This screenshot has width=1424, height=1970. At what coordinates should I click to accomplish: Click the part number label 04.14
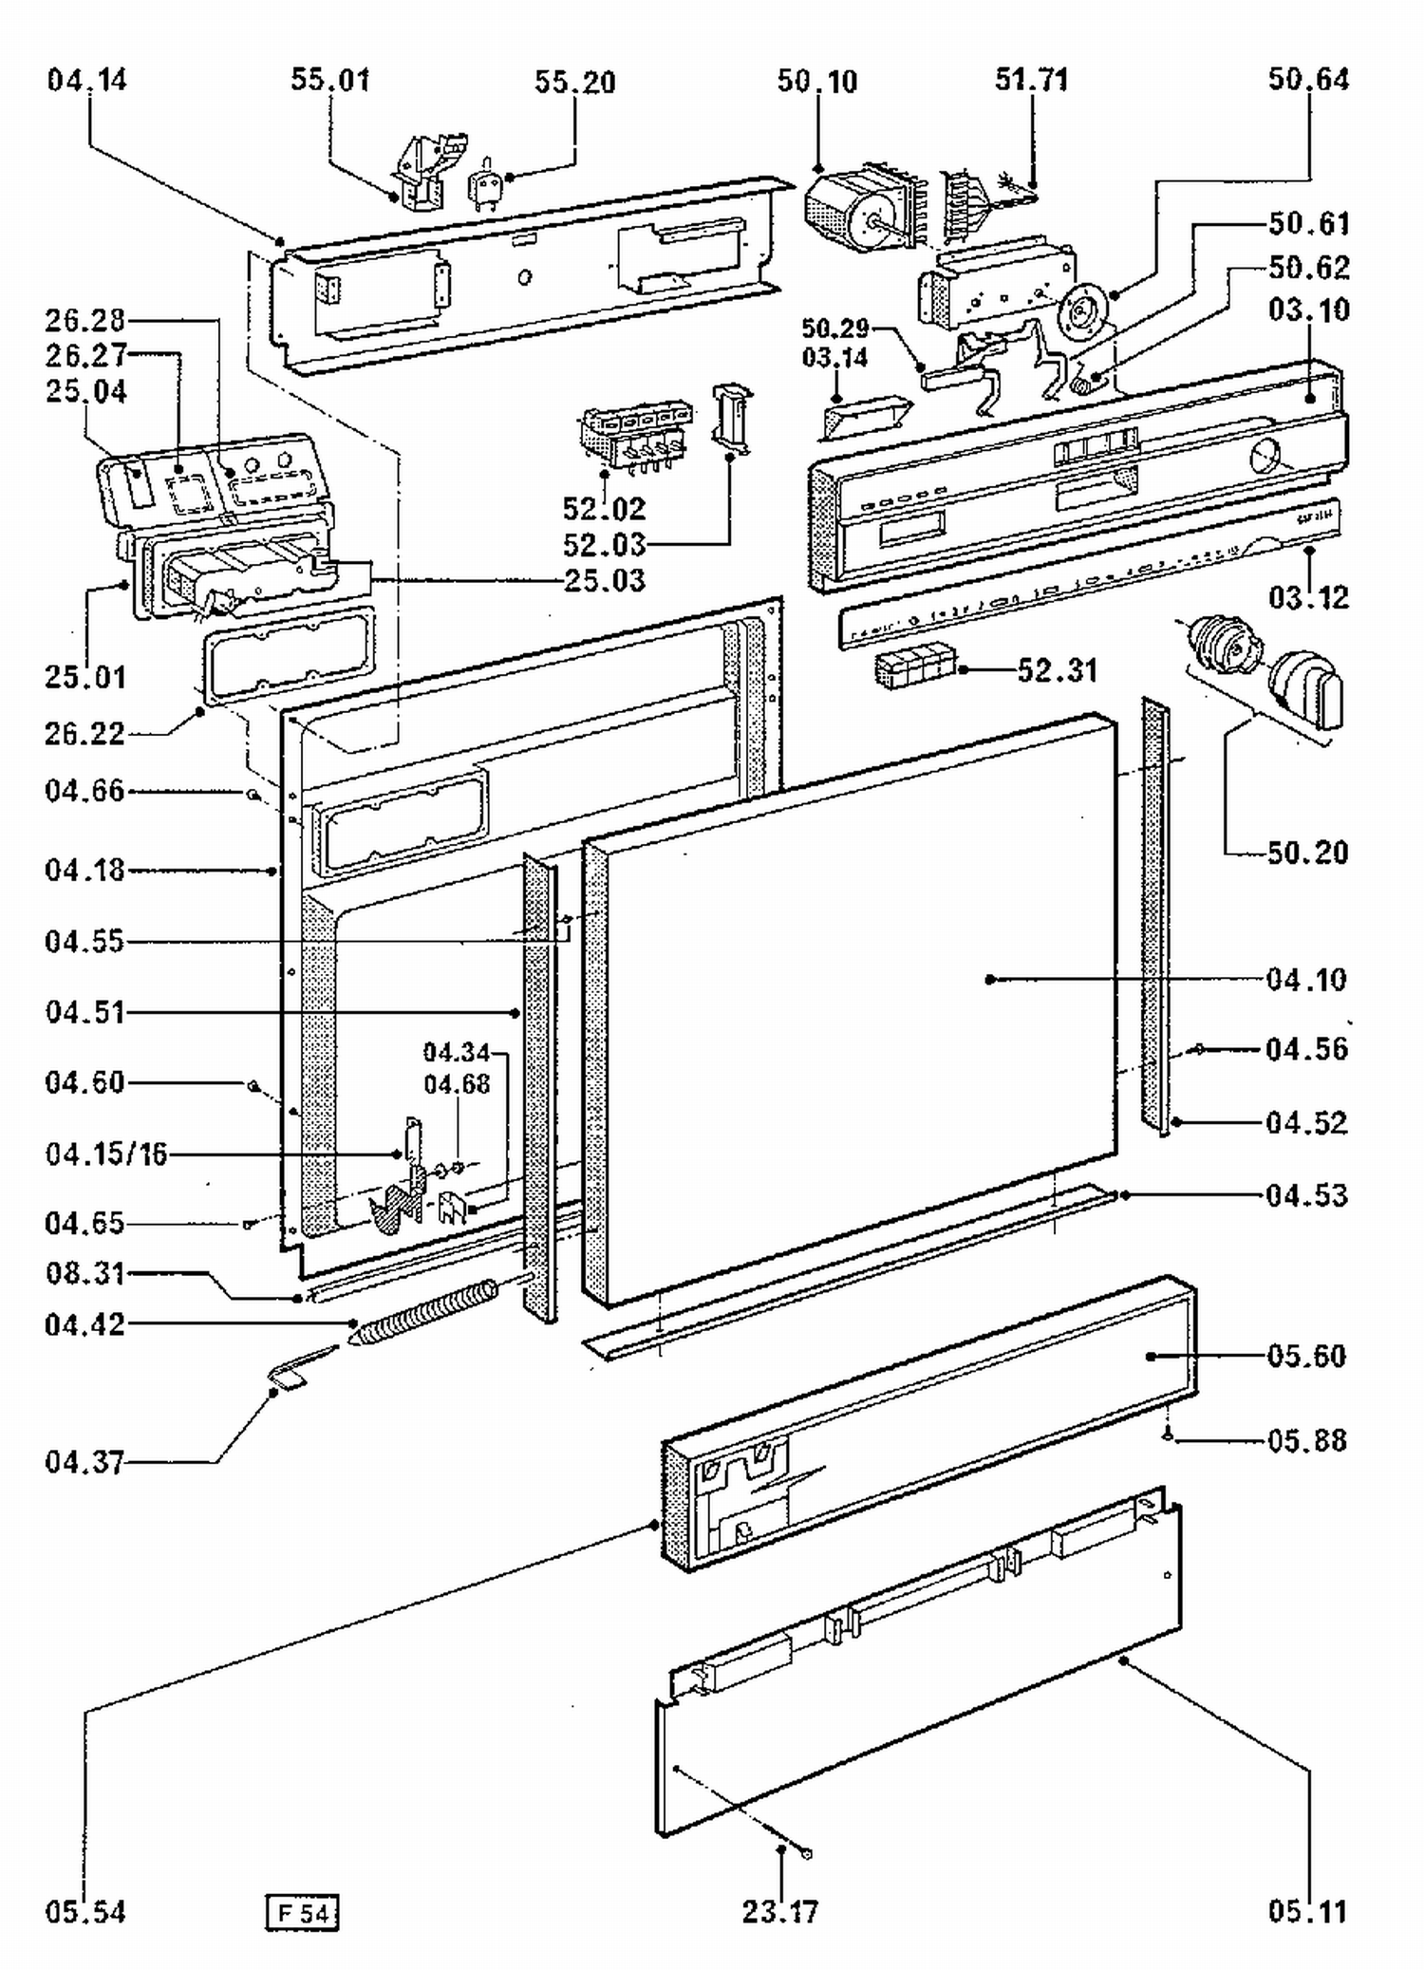click(86, 80)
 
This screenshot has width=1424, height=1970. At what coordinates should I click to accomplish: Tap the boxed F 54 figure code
click(302, 1911)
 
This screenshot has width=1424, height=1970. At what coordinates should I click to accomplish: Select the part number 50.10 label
click(817, 82)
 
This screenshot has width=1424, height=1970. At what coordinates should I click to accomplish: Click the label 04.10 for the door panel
click(1306, 979)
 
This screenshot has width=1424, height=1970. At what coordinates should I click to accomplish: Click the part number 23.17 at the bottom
click(780, 1910)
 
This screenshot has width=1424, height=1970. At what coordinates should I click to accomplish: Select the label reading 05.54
click(85, 1911)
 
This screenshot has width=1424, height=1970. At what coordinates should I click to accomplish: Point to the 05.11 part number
click(1307, 1910)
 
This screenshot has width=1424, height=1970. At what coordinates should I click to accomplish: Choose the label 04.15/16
click(106, 1154)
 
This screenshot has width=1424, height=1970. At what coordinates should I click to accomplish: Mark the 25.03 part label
click(605, 580)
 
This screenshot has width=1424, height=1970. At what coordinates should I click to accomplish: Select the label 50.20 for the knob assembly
click(1307, 853)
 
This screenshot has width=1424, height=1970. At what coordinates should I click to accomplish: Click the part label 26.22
click(85, 734)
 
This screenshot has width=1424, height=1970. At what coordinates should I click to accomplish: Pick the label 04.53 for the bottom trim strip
click(1306, 1195)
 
